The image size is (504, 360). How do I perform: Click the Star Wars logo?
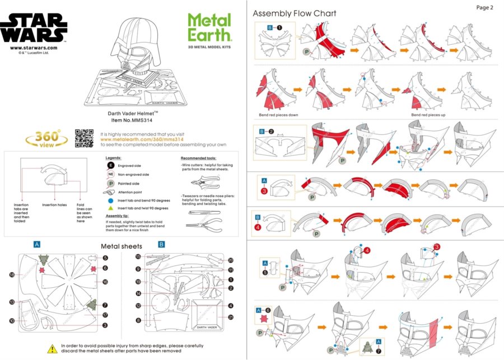pyautogui.click(x=34, y=29)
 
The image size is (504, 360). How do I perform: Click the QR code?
pyautogui.click(x=83, y=138)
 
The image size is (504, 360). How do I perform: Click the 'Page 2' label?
pyautogui.click(x=484, y=8)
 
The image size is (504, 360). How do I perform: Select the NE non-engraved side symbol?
pyautogui.click(x=110, y=175)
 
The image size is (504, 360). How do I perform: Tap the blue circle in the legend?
pyautogui.click(x=110, y=200)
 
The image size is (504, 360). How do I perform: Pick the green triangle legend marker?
pyautogui.click(x=110, y=208)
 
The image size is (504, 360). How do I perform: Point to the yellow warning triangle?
pyautogui.click(x=52, y=348)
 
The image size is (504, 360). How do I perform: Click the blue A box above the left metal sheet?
pyautogui.click(x=36, y=245)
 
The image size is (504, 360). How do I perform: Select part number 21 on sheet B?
pyautogui.click(x=231, y=317)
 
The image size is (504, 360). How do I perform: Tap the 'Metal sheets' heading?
pyautogui.click(x=121, y=246)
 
